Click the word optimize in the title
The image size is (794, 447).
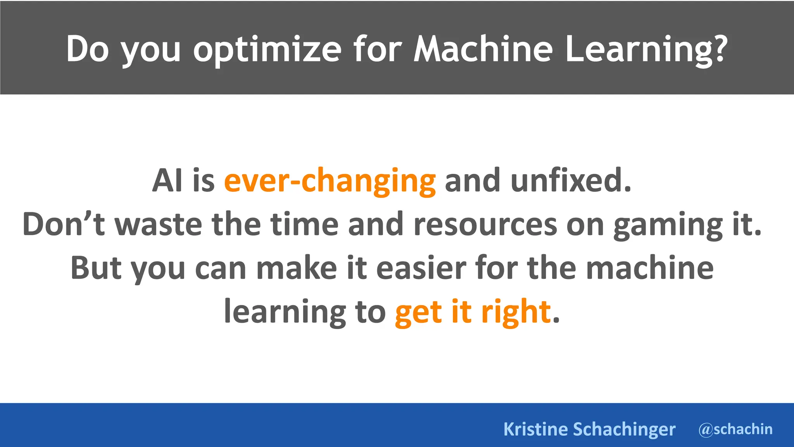tap(267, 50)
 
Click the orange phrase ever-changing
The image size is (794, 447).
tap(330, 181)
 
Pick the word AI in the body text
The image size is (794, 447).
tap(167, 180)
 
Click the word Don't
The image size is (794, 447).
tap(64, 224)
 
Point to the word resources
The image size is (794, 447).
tap(485, 225)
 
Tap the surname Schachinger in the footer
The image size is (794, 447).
tap(624, 429)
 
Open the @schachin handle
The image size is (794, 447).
tap(735, 429)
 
